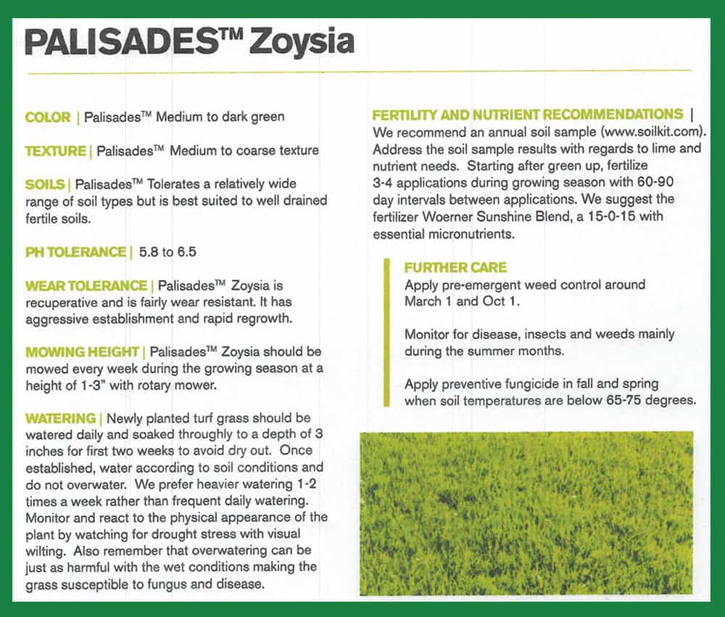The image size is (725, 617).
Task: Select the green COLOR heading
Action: pyautogui.click(x=48, y=118)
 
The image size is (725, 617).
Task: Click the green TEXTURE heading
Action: pyautogui.click(x=55, y=151)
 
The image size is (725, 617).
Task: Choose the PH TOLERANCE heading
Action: pyautogui.click(x=75, y=252)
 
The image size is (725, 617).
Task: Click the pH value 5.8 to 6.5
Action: pyautogui.click(x=168, y=253)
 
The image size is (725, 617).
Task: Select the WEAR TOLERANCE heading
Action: pyautogui.click(x=86, y=286)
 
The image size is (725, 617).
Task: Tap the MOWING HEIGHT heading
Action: pyautogui.click(x=83, y=353)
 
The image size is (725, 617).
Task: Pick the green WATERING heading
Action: pyautogui.click(x=60, y=419)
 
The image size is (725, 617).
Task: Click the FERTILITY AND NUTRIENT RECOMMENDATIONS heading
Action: pyautogui.click(x=527, y=115)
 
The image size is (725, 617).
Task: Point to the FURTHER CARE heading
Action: pyautogui.click(x=455, y=268)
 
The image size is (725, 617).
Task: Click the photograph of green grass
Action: pyautogui.click(x=526, y=512)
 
